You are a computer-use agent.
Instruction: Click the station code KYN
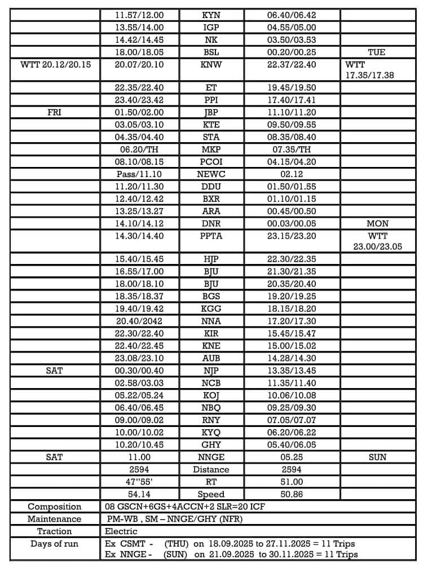tap(211, 15)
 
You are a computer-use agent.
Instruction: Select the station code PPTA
tap(211, 236)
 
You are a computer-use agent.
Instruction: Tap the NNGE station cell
tap(211, 457)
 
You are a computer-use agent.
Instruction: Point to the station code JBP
tap(211, 112)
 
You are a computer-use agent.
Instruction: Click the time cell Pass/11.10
tap(139, 174)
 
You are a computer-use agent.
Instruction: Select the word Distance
tap(211, 469)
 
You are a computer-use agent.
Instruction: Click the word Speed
tap(211, 494)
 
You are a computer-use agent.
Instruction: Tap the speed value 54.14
tap(139, 494)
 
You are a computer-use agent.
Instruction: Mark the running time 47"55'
tap(139, 482)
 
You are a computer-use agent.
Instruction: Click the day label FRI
tap(54, 112)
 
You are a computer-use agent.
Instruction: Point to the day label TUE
tap(376, 52)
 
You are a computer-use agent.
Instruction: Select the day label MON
tap(377, 223)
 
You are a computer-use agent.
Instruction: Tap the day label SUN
tap(377, 457)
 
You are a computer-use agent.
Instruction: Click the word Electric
tap(121, 531)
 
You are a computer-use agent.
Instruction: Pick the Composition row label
tap(54, 507)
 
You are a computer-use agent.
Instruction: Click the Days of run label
tap(54, 544)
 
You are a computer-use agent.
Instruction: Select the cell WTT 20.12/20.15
tap(55, 64)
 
